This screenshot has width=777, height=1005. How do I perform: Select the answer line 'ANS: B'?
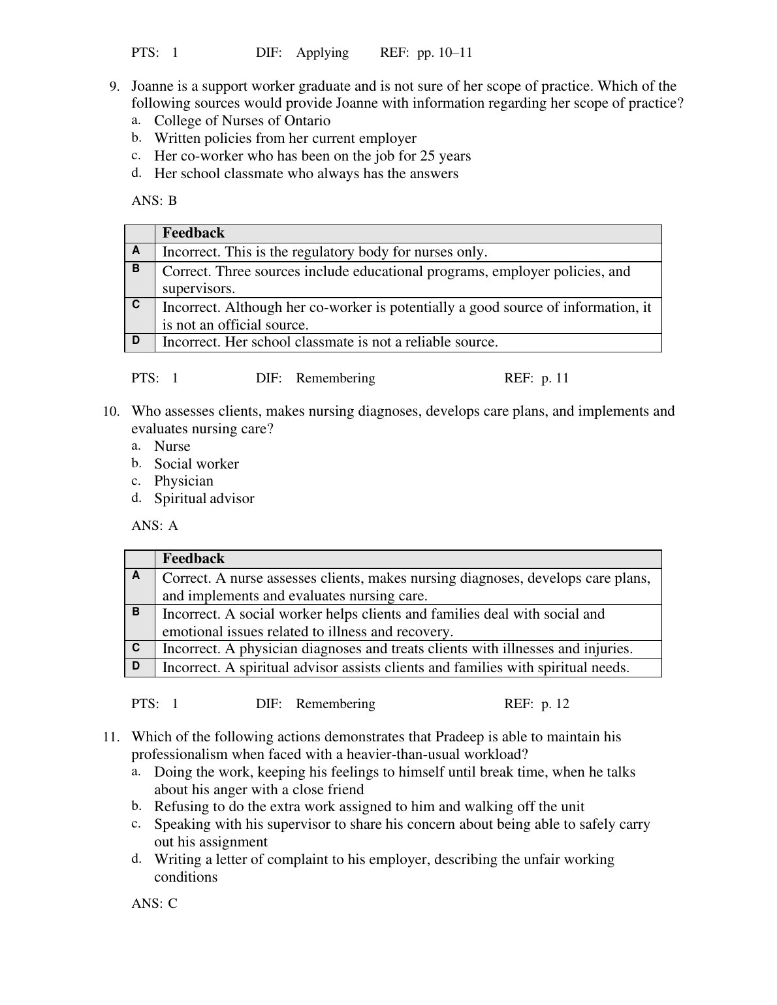click(x=154, y=200)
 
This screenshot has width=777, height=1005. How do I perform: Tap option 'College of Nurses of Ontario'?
click(x=242, y=121)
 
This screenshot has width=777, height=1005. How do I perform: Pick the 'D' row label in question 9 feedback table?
click(x=136, y=340)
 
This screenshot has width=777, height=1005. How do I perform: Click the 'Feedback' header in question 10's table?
click(x=193, y=559)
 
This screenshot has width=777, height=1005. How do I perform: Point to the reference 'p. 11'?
click(x=555, y=378)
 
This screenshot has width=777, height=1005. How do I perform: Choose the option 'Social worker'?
click(x=196, y=464)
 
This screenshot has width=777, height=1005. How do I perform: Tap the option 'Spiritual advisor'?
click(x=204, y=499)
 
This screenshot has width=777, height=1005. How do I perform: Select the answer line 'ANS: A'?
click(x=155, y=526)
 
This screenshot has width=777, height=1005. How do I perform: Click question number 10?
click(x=111, y=411)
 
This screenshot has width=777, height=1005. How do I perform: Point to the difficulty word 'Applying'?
click(x=323, y=52)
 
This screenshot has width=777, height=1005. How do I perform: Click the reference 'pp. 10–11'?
click(x=445, y=52)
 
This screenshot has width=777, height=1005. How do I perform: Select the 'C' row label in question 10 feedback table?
click(x=136, y=648)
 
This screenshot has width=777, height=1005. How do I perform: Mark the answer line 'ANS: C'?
click(x=154, y=904)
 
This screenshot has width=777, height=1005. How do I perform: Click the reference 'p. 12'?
click(x=555, y=703)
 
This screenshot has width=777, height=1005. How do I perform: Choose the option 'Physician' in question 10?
click(x=183, y=481)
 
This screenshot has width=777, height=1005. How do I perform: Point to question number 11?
click(x=111, y=737)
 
